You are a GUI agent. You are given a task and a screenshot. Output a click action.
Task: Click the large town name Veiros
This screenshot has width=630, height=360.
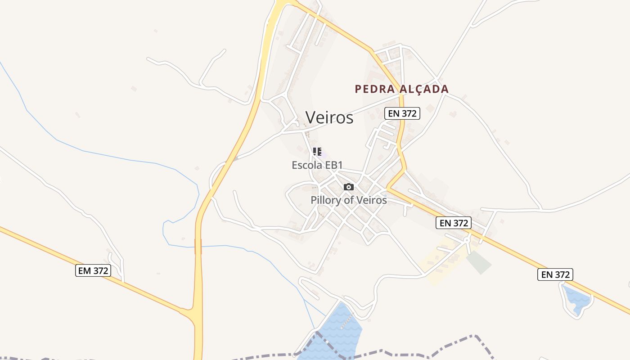pos(329,117)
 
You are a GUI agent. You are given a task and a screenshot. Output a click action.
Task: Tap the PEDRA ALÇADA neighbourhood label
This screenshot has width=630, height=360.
pos(401,89)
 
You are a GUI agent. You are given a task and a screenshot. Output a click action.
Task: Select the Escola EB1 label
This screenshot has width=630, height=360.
pos(317,165)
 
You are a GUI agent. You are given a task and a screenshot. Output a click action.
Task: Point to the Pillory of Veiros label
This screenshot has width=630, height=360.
pos(348,200)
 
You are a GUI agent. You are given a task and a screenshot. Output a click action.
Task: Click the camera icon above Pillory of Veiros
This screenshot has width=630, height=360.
pos(348,187)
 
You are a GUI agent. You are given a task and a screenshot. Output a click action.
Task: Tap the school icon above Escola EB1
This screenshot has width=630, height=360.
pos(317,152)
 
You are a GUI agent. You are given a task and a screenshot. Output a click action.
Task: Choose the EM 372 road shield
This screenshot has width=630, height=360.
pos(93,270)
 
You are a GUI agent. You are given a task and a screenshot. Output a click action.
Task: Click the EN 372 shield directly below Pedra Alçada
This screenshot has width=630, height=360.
pos(402,113)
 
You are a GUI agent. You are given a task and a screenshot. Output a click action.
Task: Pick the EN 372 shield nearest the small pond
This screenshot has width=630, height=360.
pos(555,274)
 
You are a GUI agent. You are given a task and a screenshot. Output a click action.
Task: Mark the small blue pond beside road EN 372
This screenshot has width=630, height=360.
pos(576,299)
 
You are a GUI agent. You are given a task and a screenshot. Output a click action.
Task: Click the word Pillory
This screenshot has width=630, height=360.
pos(325,200)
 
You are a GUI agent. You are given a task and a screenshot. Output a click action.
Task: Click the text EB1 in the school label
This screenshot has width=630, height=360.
pos(334,165)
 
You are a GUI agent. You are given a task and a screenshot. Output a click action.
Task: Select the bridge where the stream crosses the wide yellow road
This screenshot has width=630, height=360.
pos(198,246)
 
